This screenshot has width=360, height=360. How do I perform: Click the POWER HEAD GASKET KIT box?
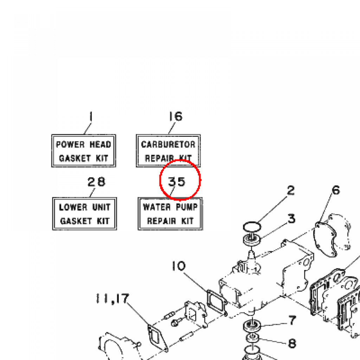pyautogui.click(x=84, y=151)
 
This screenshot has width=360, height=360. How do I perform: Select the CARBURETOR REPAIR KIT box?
pyautogui.click(x=168, y=151)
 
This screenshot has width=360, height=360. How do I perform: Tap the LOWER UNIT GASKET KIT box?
pyautogui.click(x=84, y=214)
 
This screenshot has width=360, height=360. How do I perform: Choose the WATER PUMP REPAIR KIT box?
pyautogui.click(x=171, y=214)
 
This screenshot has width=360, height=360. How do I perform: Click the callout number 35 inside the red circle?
pyautogui.click(x=176, y=182)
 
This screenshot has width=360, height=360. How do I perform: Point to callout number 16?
pyautogui.click(x=175, y=116)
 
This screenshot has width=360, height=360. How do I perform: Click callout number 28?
pyautogui.click(x=96, y=182)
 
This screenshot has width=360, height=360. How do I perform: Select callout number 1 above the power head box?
pyautogui.click(x=91, y=116)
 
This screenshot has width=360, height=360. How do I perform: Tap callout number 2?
pyautogui.click(x=290, y=191)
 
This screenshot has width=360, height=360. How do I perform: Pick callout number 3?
pyautogui.click(x=291, y=219)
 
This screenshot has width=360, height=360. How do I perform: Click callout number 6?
pyautogui.click(x=336, y=191)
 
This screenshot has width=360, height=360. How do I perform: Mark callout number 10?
pyautogui.click(x=179, y=266)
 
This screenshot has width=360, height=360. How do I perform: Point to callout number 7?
pyautogui.click(x=292, y=320)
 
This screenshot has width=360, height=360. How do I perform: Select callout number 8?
pyautogui.click(x=292, y=343)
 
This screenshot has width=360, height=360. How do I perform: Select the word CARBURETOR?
pyautogui.click(x=168, y=144)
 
